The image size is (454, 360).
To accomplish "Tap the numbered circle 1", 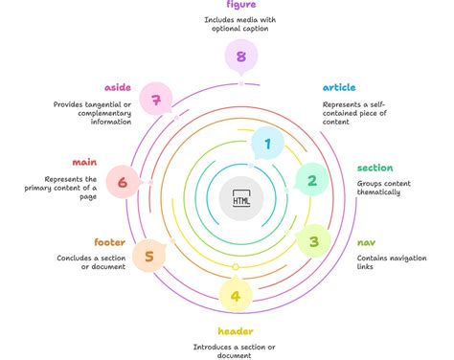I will click(x=267, y=145).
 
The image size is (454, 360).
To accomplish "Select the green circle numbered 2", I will click(x=312, y=179).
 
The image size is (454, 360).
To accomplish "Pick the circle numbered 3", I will click(x=313, y=242).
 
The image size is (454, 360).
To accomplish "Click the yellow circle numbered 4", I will click(x=236, y=295).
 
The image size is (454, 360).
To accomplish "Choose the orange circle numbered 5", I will click(x=148, y=256).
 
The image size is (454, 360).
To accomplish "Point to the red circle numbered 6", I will click(x=122, y=181).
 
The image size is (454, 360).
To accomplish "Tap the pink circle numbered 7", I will click(x=155, y=99).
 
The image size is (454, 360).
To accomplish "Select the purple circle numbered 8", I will click(x=240, y=56).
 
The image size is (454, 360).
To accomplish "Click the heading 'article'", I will click(x=339, y=87).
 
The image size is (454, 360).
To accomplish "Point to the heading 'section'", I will click(x=375, y=168).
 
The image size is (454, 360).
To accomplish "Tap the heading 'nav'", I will click(x=366, y=243).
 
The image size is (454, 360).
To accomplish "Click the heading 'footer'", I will click(x=109, y=242).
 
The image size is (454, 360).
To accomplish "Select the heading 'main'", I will click(x=84, y=162).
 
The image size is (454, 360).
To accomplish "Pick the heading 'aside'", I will click(x=117, y=87).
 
